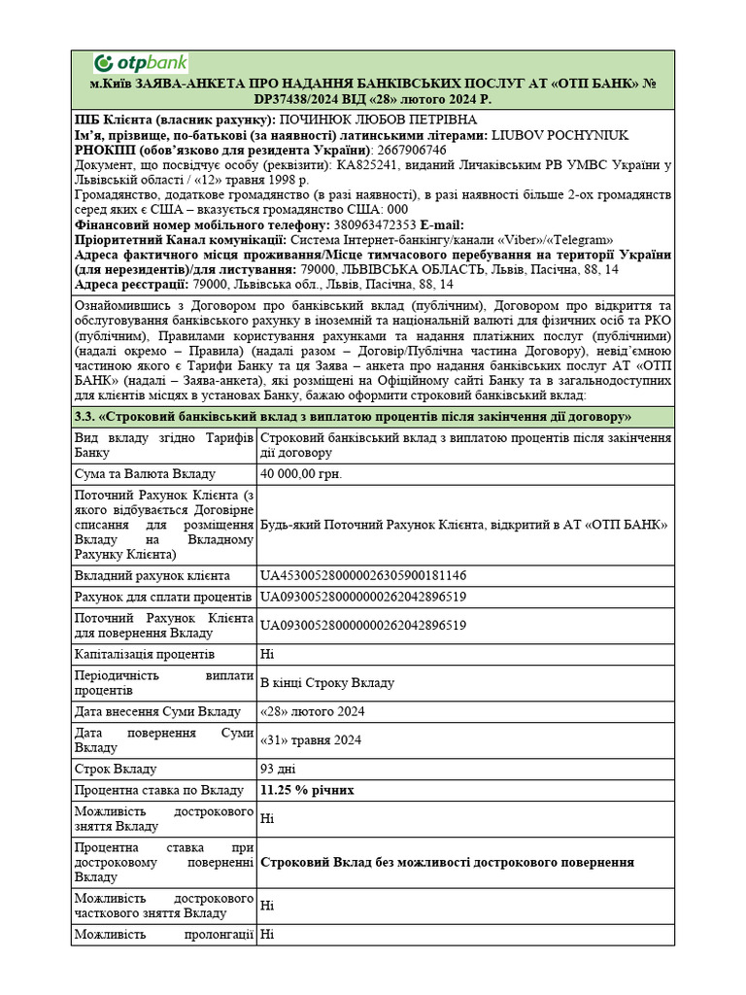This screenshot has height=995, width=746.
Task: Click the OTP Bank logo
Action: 140,64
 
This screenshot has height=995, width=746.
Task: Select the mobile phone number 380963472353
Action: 374,225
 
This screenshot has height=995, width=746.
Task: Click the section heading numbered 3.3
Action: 354,416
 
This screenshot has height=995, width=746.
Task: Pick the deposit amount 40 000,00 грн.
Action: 302,474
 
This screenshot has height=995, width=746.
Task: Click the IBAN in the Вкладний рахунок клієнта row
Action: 363,575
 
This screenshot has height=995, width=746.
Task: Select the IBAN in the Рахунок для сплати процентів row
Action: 363,597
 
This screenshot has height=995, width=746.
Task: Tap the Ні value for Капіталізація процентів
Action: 268,655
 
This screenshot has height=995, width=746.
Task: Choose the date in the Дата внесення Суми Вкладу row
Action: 311,711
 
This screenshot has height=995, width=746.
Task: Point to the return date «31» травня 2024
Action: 311,740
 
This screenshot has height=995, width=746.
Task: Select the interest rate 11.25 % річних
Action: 307,790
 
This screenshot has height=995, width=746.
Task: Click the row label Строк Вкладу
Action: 116,770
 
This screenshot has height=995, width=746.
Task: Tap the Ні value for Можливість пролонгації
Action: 268,935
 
